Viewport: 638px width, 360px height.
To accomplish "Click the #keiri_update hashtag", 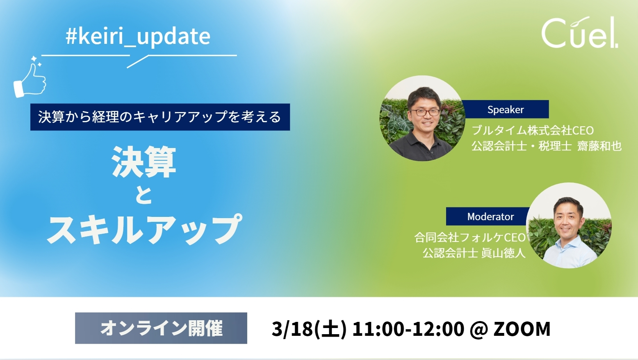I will pyautogui.click(x=138, y=36).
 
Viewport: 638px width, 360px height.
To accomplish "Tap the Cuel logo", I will pyautogui.click(x=579, y=33).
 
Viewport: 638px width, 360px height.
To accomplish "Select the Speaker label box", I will pyautogui.click(x=505, y=109).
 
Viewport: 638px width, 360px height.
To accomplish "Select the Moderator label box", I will pyautogui.click(x=490, y=216).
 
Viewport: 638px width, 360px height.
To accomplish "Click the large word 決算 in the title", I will pyautogui.click(x=144, y=162).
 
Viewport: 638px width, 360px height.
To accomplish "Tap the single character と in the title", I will pyautogui.click(x=144, y=195).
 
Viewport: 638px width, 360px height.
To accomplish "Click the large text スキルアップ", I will pyautogui.click(x=144, y=230).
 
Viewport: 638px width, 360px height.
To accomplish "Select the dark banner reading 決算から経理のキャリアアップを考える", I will pyautogui.click(x=160, y=117).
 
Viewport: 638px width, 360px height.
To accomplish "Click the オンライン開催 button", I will pyautogui.click(x=161, y=328).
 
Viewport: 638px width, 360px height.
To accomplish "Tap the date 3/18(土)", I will pyautogui.click(x=309, y=329).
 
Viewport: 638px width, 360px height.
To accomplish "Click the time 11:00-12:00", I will pyautogui.click(x=408, y=329).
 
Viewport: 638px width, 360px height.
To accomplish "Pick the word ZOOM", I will pyautogui.click(x=522, y=329).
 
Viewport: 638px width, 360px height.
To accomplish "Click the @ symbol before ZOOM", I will pyautogui.click(x=479, y=329).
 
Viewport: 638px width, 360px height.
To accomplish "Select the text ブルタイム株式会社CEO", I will pyautogui.click(x=532, y=130).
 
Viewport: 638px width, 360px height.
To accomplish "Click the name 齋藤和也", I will pyautogui.click(x=599, y=146).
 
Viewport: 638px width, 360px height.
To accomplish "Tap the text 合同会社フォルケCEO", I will pyautogui.click(x=470, y=237).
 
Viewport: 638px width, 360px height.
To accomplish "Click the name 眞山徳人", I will pyautogui.click(x=503, y=253).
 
